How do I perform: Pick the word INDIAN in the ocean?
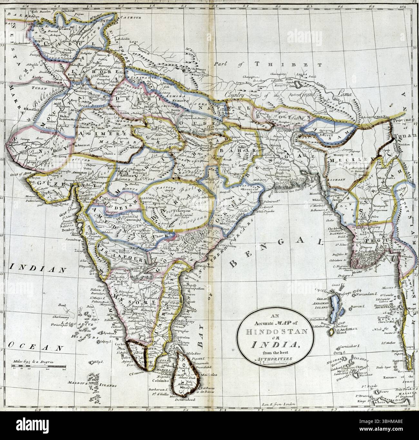(35, 268)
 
